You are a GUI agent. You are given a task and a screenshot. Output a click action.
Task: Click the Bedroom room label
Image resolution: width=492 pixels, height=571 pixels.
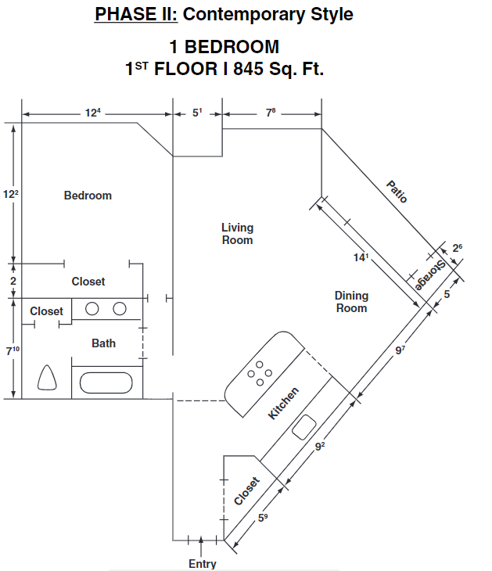point(88,196)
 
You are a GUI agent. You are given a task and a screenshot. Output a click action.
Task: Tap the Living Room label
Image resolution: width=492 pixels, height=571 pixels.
point(238,234)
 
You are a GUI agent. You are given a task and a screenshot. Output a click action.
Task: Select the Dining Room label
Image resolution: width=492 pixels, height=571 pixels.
point(351,302)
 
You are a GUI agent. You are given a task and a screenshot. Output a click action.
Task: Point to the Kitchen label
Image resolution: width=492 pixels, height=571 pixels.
point(283,403)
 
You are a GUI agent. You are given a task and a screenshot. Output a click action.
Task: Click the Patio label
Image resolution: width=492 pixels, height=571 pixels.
point(397,192)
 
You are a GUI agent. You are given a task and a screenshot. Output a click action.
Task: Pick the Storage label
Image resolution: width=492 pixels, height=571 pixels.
point(430,275)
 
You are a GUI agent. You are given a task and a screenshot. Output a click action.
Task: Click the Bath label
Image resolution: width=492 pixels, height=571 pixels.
point(103,343)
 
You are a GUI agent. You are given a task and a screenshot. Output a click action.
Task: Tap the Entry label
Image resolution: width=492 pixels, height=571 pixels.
point(203,564)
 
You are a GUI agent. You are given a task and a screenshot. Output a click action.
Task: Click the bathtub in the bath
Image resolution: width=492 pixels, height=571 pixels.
point(106,382)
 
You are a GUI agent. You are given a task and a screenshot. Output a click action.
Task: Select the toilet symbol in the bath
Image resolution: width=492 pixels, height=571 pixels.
point(47,378)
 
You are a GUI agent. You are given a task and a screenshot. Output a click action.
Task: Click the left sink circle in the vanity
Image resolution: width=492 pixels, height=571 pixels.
point(92,309)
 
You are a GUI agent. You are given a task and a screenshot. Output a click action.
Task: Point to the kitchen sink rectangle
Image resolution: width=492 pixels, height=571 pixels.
point(303,427)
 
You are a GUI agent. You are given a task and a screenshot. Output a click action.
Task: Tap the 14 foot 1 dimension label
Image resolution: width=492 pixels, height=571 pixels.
point(361,257)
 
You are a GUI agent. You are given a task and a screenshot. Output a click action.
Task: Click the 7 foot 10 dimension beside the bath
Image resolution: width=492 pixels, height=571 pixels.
point(13,350)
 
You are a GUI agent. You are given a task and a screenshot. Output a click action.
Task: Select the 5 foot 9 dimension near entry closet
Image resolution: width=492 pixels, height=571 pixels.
point(263,518)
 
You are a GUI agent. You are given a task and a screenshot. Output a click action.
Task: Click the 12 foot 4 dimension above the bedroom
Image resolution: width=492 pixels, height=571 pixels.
point(93,113)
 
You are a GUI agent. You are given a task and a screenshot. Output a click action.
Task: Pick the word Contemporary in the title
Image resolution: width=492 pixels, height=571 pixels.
point(244,15)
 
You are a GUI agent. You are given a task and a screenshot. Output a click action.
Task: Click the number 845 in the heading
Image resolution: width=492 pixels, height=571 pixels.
point(248,69)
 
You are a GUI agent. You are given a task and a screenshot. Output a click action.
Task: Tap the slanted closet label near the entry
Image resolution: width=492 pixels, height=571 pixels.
point(246,491)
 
